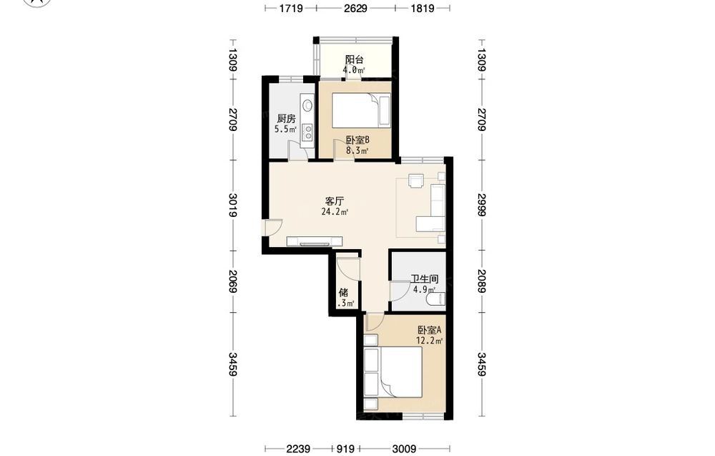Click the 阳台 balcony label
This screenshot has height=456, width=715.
[x=355, y=59]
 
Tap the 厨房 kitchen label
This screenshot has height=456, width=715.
[x=286, y=119]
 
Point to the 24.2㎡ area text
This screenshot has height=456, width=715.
[x=335, y=212]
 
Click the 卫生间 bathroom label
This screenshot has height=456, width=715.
[x=425, y=278]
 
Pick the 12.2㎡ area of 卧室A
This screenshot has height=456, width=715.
[x=429, y=341]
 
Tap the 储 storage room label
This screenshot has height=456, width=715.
[x=343, y=293]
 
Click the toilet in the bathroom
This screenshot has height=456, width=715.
[x=435, y=299]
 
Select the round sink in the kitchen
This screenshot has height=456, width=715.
[x=307, y=105]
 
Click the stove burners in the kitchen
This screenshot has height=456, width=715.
[x=308, y=132]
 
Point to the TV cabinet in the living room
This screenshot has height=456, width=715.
[x=314, y=241]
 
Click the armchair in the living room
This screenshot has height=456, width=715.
[x=416, y=181]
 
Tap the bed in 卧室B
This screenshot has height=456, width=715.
[x=360, y=110]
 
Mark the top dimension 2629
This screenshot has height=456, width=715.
[x=355, y=8]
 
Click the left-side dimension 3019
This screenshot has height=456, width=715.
[x=232, y=205]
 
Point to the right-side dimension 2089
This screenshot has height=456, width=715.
[x=481, y=281]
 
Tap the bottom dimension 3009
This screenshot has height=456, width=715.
[x=404, y=449]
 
